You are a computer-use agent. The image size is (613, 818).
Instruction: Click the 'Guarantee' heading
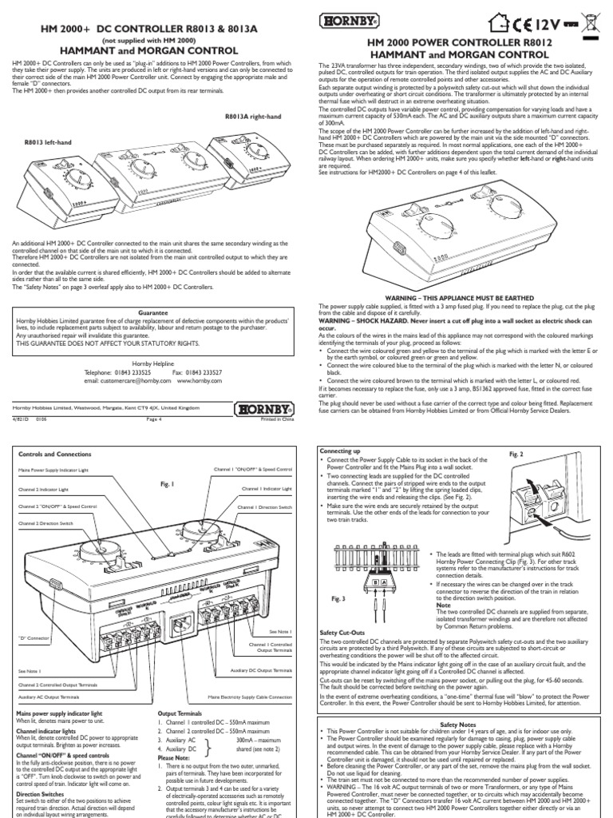154,313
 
